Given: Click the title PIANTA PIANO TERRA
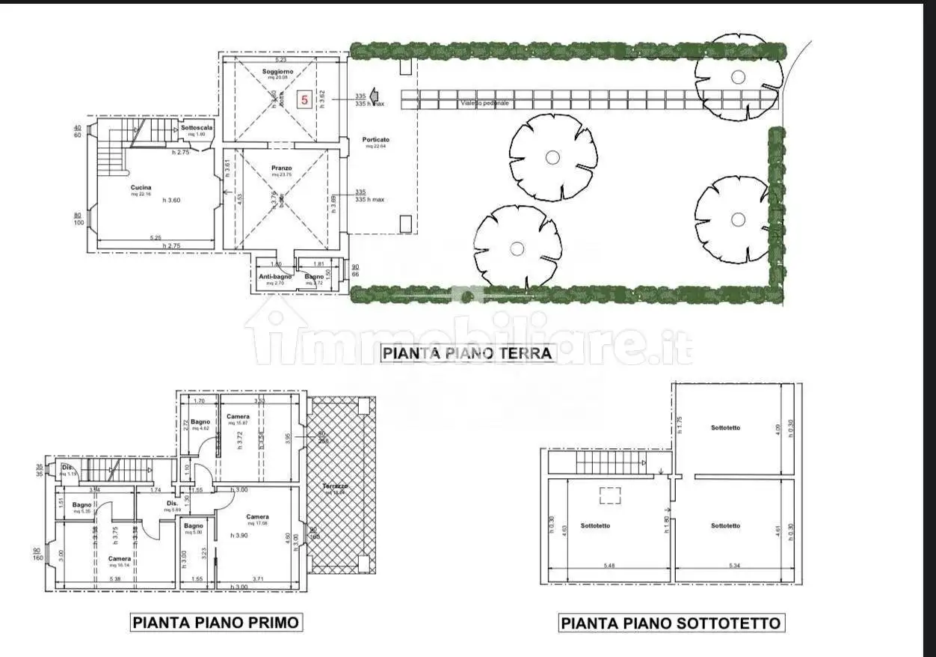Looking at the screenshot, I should [x=468, y=352].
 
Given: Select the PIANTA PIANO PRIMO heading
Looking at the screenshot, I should [x=215, y=622].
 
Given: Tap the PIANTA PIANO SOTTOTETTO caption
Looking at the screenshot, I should [x=671, y=623].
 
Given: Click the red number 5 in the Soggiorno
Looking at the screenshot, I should [x=304, y=99].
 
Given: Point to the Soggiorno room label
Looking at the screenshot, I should [x=277, y=72].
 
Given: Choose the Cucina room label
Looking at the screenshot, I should [x=141, y=188].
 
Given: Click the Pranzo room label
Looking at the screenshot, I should [x=282, y=168].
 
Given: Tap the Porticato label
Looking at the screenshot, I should [x=375, y=140].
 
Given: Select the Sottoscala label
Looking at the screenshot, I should [x=197, y=128].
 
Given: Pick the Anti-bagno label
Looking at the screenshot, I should [x=275, y=277].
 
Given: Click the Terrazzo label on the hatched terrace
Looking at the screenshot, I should [x=334, y=486].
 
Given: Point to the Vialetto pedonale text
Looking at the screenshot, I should [x=484, y=103].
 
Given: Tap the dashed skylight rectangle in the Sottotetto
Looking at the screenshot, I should [x=612, y=495].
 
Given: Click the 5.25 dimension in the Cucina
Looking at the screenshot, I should [x=155, y=238].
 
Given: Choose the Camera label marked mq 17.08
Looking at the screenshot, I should [x=258, y=517].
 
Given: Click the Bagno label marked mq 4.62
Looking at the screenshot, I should [x=200, y=423].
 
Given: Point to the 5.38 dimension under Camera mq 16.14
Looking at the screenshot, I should [x=115, y=578].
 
